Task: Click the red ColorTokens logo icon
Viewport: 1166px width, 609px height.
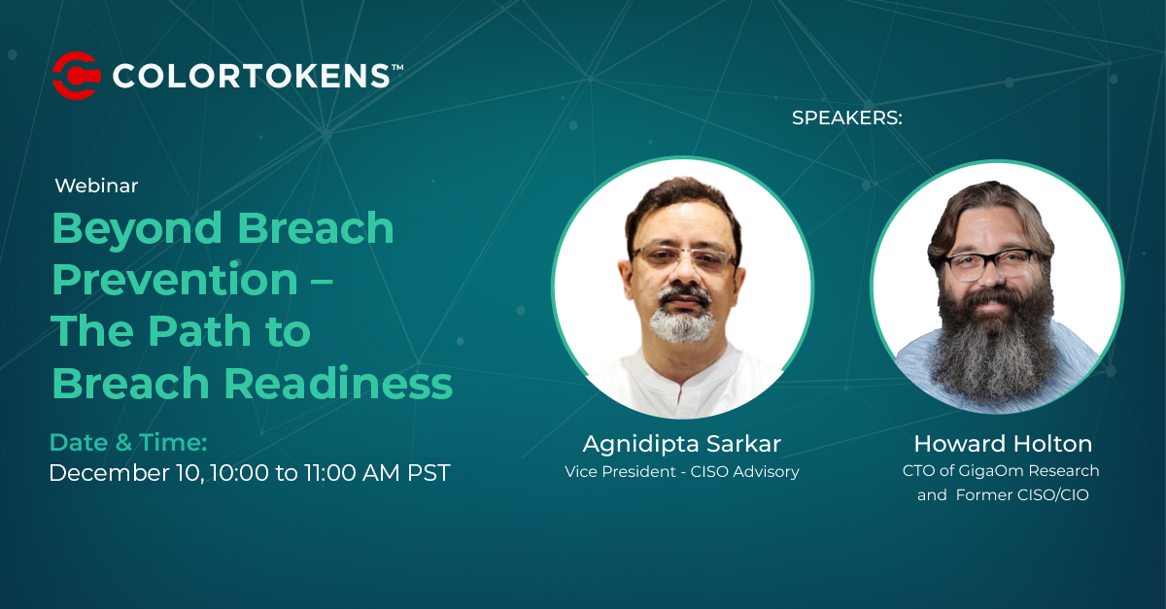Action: coord(76,76)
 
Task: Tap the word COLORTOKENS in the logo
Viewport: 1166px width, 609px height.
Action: coord(252,76)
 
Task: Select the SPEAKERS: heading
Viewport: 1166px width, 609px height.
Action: coord(847,118)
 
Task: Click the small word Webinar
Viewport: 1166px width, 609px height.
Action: coord(96,186)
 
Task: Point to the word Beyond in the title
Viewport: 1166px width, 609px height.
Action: coord(137,229)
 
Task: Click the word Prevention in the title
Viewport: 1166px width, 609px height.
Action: coord(175,280)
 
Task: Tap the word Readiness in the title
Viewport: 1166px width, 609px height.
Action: coord(338,383)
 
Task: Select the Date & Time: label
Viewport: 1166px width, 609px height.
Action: coord(128,443)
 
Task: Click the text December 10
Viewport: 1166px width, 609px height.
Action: coord(125,473)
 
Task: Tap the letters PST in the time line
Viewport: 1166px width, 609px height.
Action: coord(429,473)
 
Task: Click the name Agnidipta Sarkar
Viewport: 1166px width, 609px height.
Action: coord(682,444)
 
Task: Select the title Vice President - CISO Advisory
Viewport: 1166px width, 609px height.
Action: coord(682,472)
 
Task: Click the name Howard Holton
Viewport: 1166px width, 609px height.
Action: coord(1003,444)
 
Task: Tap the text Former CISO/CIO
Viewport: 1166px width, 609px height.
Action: coord(1022,494)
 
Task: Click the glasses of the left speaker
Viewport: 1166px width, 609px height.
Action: coord(683,257)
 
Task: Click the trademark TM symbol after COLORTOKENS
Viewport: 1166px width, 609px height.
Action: coord(397,67)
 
